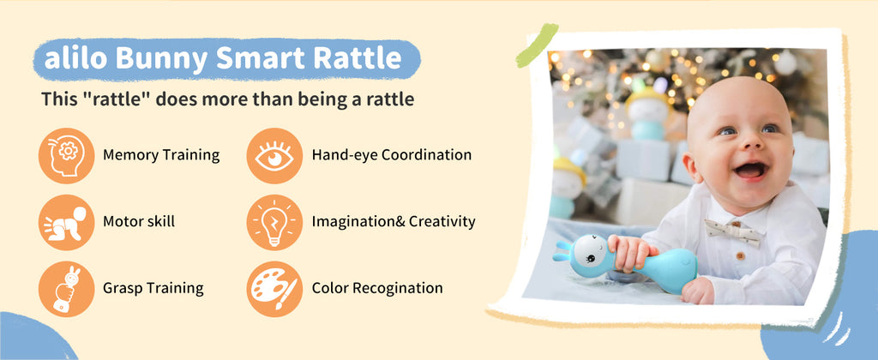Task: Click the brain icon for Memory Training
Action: click(x=67, y=156)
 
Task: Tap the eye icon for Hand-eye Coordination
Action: click(x=274, y=156)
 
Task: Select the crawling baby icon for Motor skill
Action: click(x=67, y=222)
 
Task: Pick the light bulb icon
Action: click(x=274, y=222)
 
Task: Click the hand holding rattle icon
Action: click(x=67, y=289)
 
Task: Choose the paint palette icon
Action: click(x=274, y=289)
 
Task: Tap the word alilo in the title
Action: click(x=75, y=58)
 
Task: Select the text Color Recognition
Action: click(x=377, y=288)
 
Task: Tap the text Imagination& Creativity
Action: click(x=394, y=222)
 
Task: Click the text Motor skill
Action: click(x=139, y=222)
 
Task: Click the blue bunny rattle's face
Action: click(x=592, y=255)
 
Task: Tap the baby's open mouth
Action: click(x=749, y=171)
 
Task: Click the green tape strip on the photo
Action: click(x=537, y=45)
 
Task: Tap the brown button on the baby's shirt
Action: click(x=740, y=255)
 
